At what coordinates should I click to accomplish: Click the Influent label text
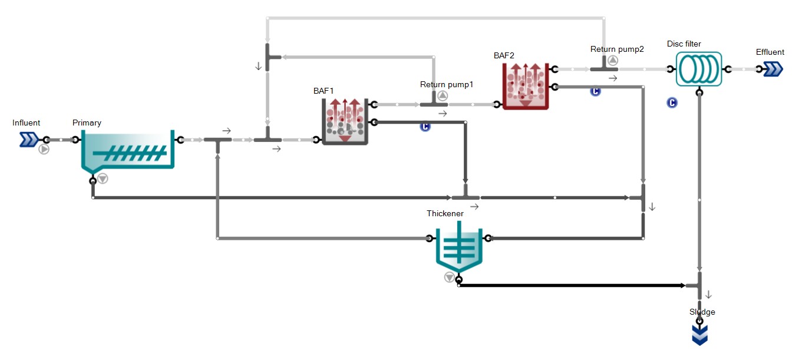26,123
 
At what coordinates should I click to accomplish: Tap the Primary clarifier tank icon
127,152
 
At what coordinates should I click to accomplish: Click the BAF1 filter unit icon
345,121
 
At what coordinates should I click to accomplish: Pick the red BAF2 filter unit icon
525,86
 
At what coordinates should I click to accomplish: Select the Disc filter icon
698,69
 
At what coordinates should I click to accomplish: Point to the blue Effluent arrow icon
773,69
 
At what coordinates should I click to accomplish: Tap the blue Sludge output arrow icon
699,335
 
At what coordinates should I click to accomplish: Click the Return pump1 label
447,84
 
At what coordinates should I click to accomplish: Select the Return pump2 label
617,49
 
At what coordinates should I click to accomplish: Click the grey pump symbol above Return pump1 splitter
443,95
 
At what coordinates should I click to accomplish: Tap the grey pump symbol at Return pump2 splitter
613,60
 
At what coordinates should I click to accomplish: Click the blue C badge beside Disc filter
672,103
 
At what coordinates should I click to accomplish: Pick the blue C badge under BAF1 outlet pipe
425,127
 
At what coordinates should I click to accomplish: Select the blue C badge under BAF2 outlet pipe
595,91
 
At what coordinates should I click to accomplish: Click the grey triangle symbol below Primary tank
103,178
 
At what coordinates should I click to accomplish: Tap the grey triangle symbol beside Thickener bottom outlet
450,277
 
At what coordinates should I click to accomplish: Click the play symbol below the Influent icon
44,149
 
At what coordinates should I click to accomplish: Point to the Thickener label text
445,213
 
